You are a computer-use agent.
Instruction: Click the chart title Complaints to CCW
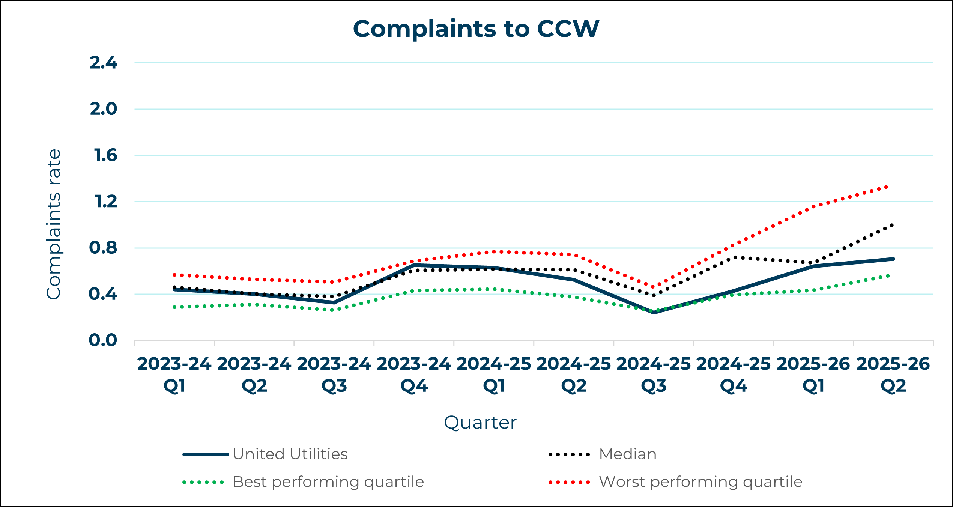pos(476,29)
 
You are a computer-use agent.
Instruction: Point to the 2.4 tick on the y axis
pos(104,63)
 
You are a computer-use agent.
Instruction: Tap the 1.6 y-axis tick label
pos(105,155)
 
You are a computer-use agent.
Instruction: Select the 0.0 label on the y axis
pos(103,340)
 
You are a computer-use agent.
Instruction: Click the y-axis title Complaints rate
pos(53,224)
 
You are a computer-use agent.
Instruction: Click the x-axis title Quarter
pos(480,423)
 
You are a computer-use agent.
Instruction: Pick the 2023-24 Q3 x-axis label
pos(334,375)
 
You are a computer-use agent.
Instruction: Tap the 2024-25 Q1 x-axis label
pos(494,375)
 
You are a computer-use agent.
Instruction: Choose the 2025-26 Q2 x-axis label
pos(893,375)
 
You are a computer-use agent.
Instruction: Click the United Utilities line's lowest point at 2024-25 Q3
pos(654,312)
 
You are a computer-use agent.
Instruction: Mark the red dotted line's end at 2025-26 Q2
pos(887,187)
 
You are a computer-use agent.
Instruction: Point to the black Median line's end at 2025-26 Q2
pos(892,225)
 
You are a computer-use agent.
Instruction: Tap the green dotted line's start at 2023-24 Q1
pos(174,307)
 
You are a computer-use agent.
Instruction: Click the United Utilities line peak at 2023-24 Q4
pos(414,265)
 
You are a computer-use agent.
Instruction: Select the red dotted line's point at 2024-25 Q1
pos(494,252)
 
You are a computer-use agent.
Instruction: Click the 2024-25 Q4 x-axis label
pos(734,375)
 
